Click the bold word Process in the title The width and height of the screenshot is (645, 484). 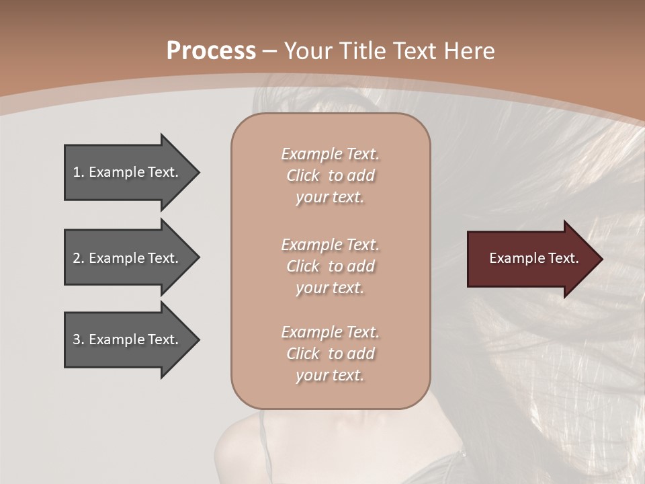coord(211,51)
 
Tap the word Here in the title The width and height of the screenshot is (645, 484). coord(470,51)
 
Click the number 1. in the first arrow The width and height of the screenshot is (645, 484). coord(79,172)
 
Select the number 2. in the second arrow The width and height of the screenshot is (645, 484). coord(79,258)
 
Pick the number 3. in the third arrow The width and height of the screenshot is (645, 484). coord(79,339)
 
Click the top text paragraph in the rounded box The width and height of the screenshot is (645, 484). coord(330,175)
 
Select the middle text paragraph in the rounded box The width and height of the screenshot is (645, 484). coord(330,266)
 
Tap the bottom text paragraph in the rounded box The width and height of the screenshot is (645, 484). coord(330,354)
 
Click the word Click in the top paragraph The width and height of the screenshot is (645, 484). coord(302,175)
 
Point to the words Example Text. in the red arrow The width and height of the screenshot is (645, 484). coord(533,258)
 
